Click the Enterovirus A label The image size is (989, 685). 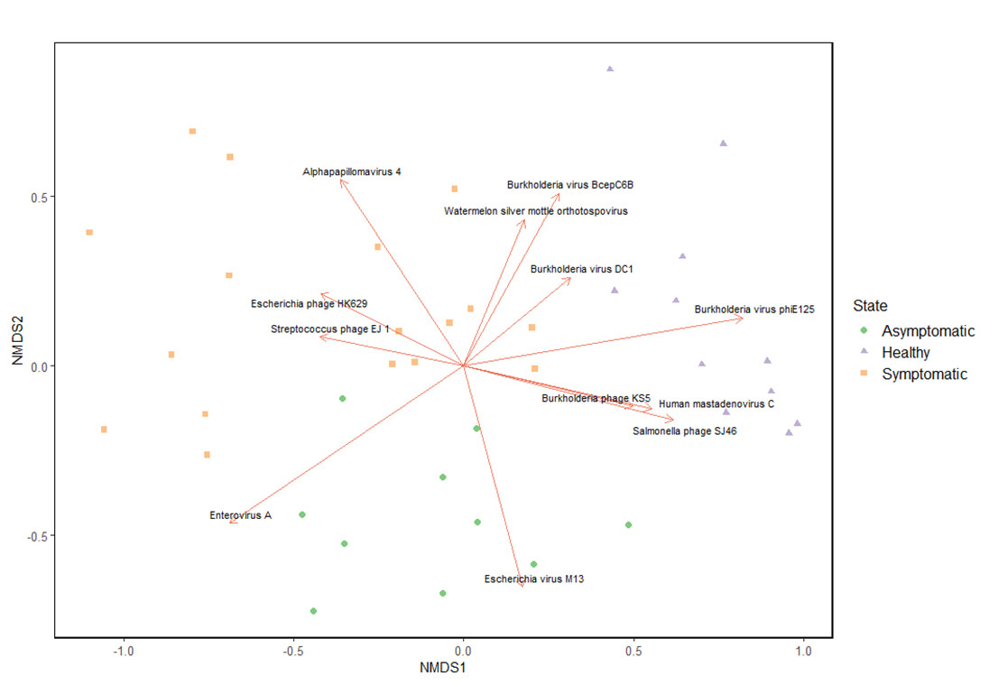coord(241,515)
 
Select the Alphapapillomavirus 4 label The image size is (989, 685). coord(353,171)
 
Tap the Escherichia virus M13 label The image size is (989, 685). coord(534,579)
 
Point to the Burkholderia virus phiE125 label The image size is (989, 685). coord(754,310)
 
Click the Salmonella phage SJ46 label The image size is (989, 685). coord(685,431)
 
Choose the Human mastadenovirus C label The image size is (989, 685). coord(716,403)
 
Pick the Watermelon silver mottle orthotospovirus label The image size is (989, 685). coord(536,211)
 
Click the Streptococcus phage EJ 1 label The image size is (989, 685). coord(330,329)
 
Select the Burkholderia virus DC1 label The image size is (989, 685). coord(582,269)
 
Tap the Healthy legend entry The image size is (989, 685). coord(905,353)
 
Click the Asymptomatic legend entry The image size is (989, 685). coord(928,331)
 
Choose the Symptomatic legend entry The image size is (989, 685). coord(924,375)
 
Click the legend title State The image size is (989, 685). coord(871,306)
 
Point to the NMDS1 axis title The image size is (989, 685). coord(441,669)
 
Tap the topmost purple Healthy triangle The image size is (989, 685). coord(610,69)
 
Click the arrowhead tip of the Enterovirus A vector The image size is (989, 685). coord(229,522)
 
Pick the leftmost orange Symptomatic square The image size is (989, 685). coord(89,232)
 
